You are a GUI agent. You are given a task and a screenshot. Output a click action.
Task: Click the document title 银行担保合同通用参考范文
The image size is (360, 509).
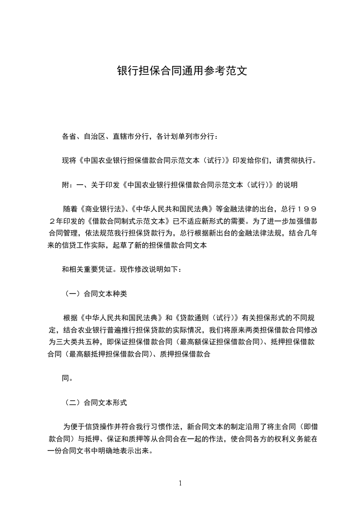coord(182,71)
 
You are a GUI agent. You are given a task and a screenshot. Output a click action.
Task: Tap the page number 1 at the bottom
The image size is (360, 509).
coord(180,483)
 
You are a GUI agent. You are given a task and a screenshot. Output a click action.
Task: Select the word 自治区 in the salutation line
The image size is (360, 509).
coord(94,136)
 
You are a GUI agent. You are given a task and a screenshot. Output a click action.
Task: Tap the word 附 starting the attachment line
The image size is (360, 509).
coord(65,185)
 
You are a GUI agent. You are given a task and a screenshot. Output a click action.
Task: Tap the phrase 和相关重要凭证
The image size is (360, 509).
coord(89,269)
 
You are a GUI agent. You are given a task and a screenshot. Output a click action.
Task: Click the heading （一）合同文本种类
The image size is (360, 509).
coord(94,294)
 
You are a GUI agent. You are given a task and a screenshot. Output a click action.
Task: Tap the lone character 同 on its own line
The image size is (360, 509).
coord(65,378)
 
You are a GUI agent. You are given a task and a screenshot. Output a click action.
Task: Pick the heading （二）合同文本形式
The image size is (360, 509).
coord(94,402)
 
